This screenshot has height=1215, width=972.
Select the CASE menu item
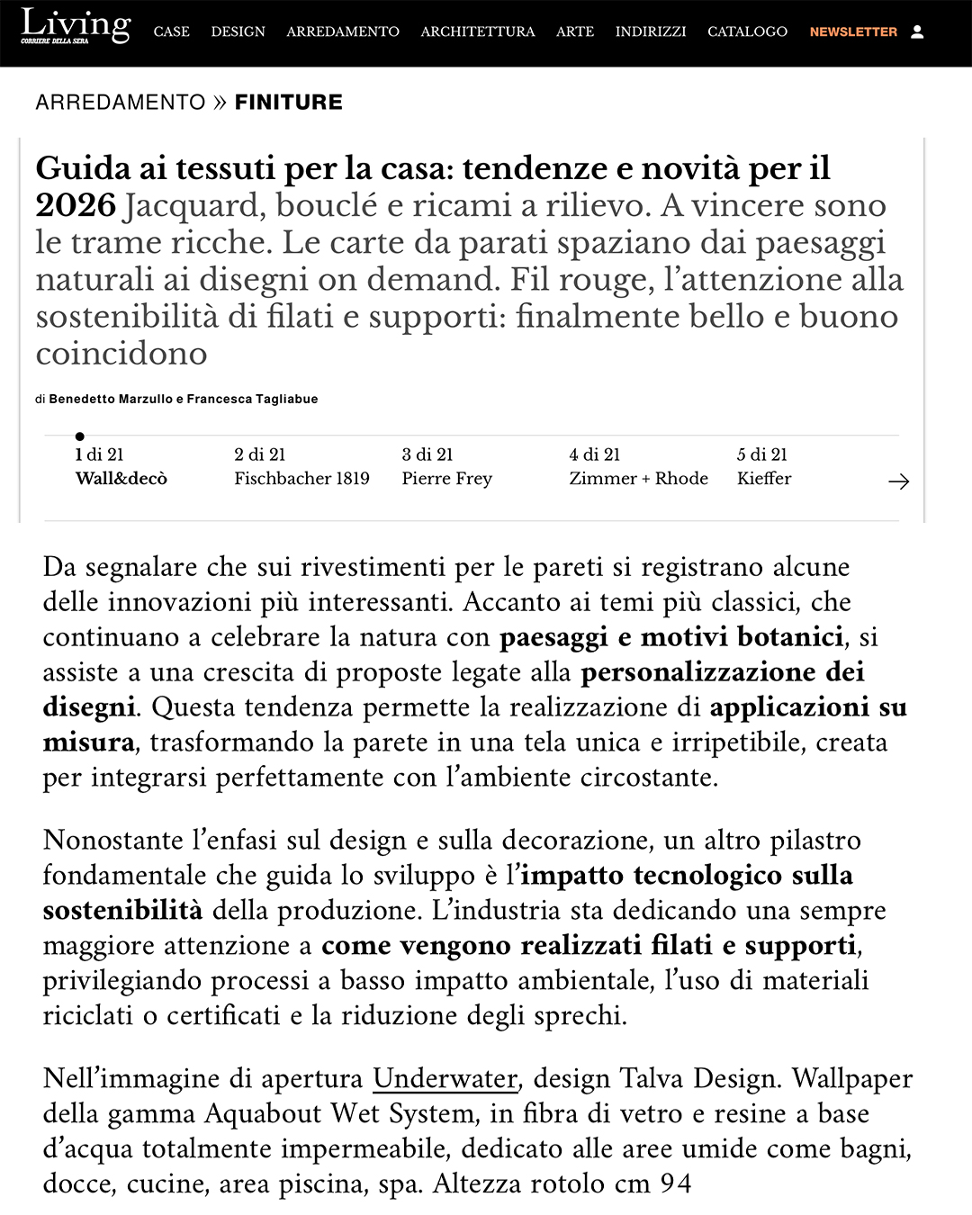(x=171, y=31)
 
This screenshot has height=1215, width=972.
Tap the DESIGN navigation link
(x=238, y=31)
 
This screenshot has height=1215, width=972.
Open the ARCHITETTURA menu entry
(x=477, y=31)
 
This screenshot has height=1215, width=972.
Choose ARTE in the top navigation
(x=574, y=31)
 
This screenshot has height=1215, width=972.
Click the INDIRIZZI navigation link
(x=650, y=31)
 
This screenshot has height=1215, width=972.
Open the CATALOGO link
(x=747, y=31)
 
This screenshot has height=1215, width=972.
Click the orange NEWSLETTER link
(x=853, y=31)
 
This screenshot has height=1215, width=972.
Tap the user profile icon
(x=917, y=31)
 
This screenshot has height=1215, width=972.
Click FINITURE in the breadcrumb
(x=288, y=103)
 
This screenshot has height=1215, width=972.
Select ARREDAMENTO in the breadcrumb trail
(x=121, y=103)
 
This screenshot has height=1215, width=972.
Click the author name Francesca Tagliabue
(x=252, y=399)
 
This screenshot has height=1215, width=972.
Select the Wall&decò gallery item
(x=121, y=478)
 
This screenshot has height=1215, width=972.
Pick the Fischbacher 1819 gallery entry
(x=301, y=478)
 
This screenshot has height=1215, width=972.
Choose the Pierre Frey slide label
(x=446, y=478)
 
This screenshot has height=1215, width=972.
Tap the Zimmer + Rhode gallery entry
(x=638, y=478)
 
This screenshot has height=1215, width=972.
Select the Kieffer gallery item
(x=764, y=478)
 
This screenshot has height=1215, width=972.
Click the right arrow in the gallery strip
(x=898, y=481)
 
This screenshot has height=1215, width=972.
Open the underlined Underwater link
(x=445, y=1078)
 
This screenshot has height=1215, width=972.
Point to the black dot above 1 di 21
(x=80, y=436)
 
